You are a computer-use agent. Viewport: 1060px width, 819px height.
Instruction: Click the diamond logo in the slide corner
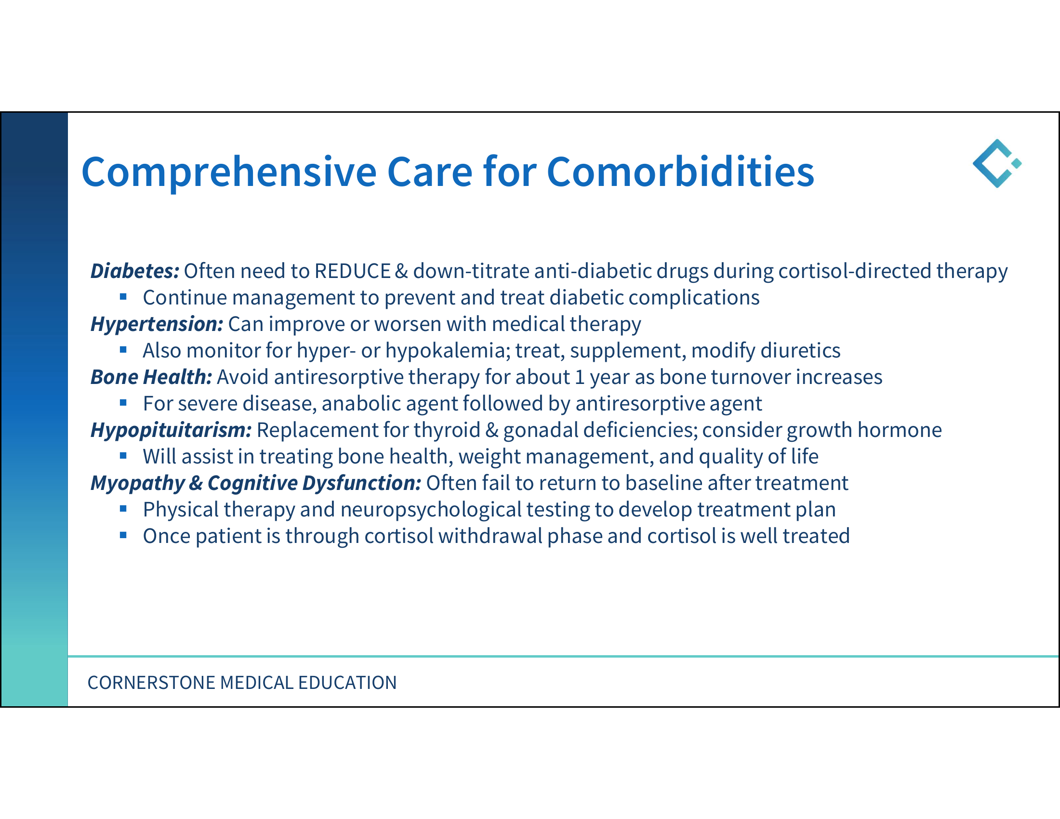pyautogui.click(x=996, y=163)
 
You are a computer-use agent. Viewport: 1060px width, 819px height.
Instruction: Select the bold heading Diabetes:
pyautogui.click(x=135, y=271)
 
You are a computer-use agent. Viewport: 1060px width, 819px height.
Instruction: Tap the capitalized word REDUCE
pyautogui.click(x=352, y=271)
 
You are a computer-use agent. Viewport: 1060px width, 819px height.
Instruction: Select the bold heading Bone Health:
pyautogui.click(x=151, y=378)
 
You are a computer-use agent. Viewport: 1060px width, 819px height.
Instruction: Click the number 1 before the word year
pyautogui.click(x=579, y=378)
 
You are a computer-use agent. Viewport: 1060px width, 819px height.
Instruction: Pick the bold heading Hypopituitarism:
pyautogui.click(x=171, y=430)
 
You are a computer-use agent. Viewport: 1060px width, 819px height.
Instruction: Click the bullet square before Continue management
pyautogui.click(x=123, y=296)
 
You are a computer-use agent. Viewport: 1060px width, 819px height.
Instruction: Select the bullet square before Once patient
pyautogui.click(x=123, y=535)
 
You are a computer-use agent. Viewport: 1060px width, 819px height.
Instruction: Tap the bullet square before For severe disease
pyautogui.click(x=123, y=403)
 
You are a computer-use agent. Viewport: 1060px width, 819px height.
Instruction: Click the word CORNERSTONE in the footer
pyautogui.click(x=151, y=683)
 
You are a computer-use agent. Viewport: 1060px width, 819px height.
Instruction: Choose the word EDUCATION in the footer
pyautogui.click(x=347, y=683)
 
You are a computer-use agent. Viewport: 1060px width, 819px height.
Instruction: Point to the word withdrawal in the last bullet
pyautogui.click(x=490, y=536)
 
